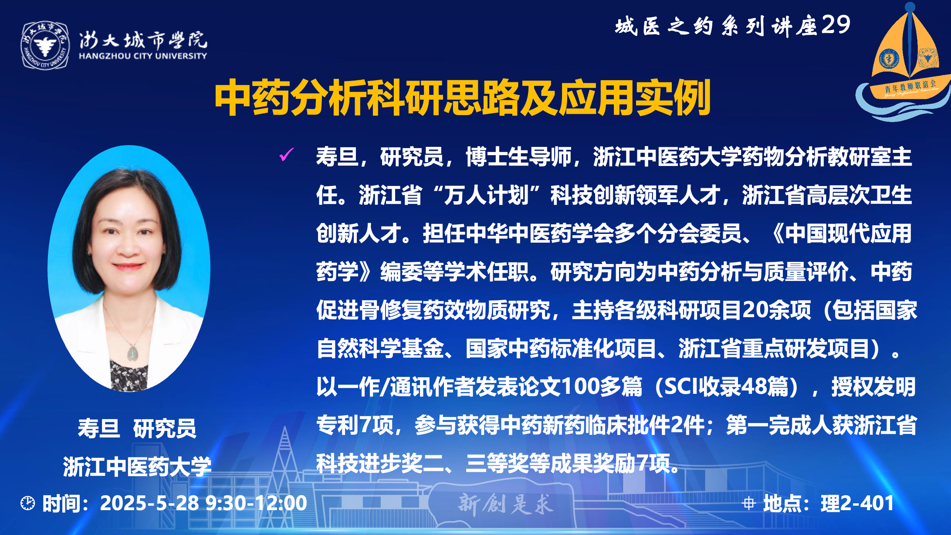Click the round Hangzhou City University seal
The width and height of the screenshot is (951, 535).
(x=45, y=45)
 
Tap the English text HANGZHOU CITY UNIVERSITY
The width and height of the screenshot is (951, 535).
(x=143, y=56)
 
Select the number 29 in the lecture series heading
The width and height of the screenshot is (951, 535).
(x=836, y=25)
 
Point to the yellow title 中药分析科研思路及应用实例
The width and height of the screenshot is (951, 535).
(x=463, y=98)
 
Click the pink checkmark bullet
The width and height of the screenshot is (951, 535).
(x=286, y=154)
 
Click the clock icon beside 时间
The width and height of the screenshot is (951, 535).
(x=28, y=503)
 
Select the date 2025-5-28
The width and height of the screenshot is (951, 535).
(x=149, y=503)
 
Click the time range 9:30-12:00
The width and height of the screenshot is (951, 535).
(x=256, y=503)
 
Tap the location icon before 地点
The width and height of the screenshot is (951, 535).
(x=749, y=504)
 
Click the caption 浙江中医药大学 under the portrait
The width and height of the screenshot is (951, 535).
(x=137, y=467)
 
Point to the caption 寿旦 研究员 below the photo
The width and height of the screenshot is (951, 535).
(x=137, y=428)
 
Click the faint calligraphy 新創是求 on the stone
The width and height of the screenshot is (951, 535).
(x=506, y=504)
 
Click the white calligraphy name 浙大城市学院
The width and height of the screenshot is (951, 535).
(x=143, y=41)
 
